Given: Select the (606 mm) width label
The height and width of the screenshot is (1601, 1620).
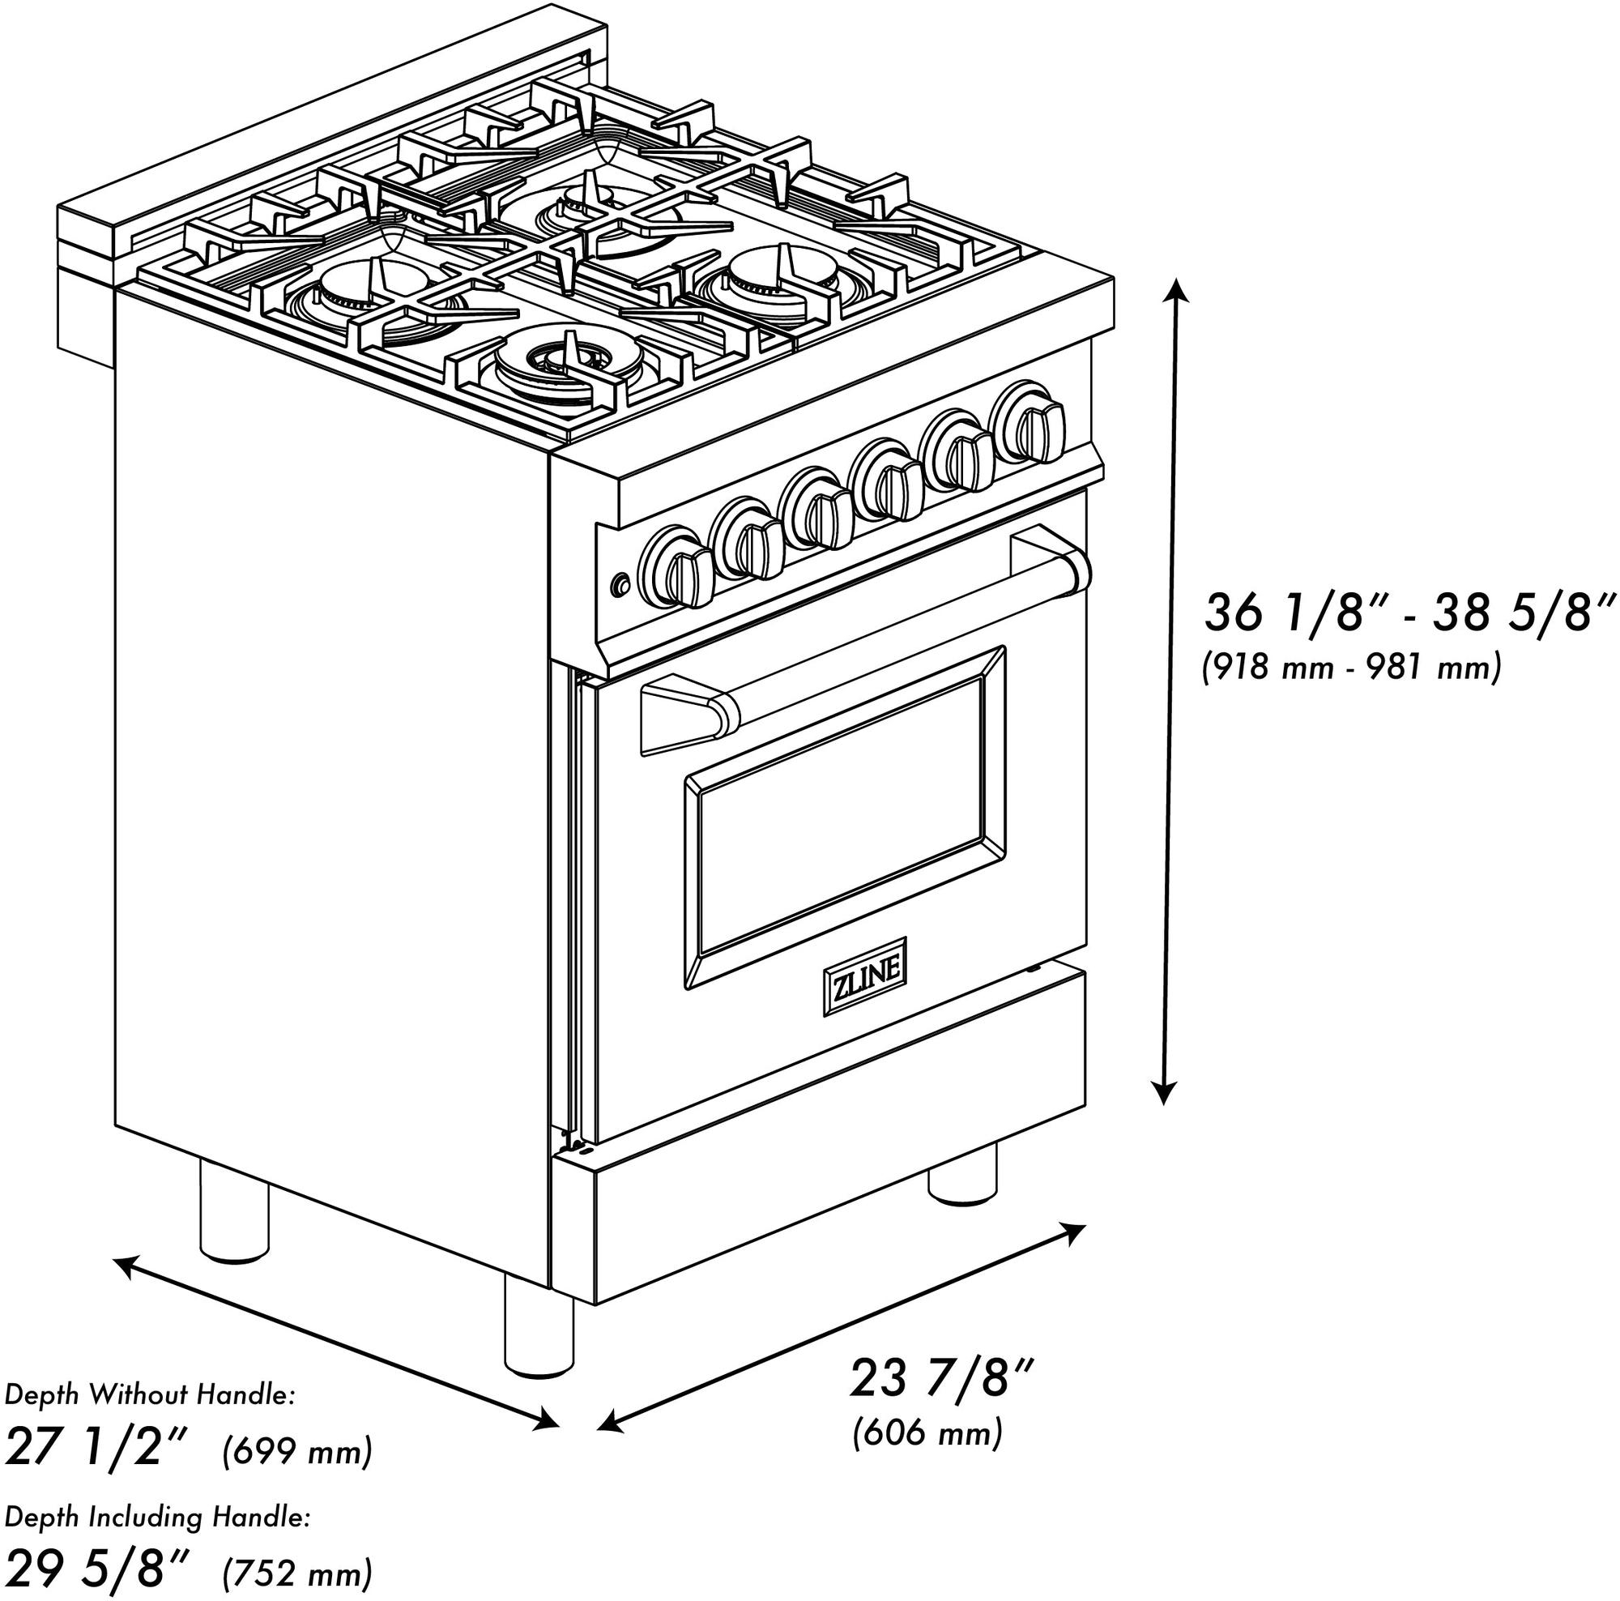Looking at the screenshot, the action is point(927,1433).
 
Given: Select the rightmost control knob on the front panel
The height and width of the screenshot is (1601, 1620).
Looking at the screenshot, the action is point(1028,421).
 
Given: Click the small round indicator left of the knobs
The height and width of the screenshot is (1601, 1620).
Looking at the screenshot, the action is point(621,583).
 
